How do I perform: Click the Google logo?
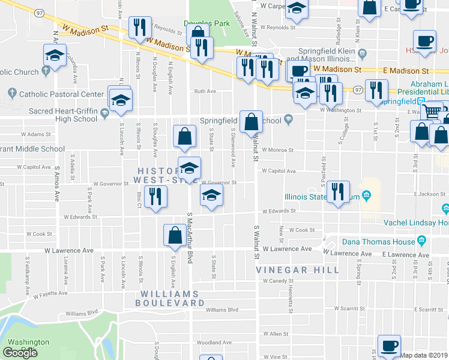[x=20, y=353]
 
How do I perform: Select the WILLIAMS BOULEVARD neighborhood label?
[x=169, y=298]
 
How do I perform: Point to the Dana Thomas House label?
[x=378, y=242]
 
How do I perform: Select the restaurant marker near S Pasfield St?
[x=338, y=192]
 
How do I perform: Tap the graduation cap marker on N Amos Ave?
[x=55, y=56]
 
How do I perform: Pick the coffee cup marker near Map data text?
[x=388, y=346]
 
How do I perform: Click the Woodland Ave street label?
[x=214, y=343]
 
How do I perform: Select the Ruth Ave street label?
[x=204, y=92]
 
